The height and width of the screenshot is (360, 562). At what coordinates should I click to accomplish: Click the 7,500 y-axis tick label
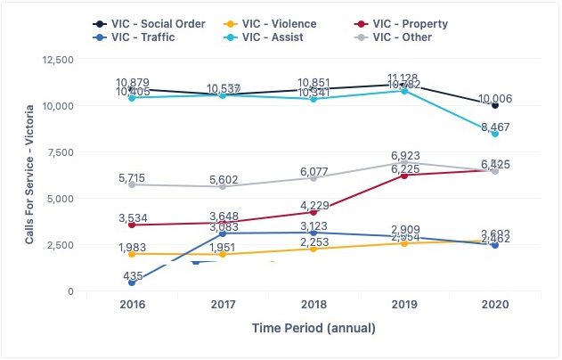pos(84,152)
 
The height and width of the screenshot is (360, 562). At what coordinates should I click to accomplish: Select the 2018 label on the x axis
pos(314,305)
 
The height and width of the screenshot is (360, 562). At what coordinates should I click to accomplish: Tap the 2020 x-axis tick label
pos(495,305)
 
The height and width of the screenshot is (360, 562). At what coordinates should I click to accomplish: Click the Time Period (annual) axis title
pos(314,328)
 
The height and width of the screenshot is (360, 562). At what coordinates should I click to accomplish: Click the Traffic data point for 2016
pos(132,282)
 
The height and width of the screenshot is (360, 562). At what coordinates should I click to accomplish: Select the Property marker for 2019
pos(404,176)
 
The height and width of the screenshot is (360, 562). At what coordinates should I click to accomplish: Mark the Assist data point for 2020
pos(495,134)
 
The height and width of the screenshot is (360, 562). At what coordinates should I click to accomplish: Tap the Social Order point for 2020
pos(495,105)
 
